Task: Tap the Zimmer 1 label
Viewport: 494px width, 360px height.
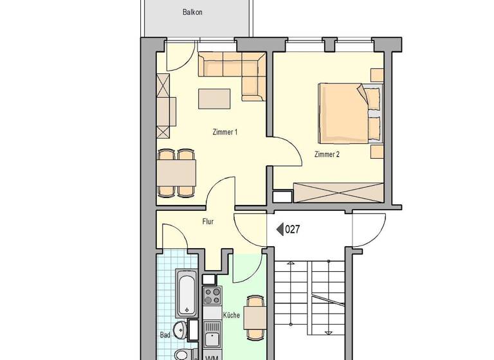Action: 225,132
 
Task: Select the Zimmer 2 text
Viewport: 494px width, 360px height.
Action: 327,154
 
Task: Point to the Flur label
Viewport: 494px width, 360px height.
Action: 208,222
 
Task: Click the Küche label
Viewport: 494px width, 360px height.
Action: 232,315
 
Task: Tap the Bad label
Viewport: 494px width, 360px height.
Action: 165,335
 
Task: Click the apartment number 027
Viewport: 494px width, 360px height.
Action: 293,229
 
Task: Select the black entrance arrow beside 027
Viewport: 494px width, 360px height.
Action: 280,229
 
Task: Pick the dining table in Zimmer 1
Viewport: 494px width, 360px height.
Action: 176,172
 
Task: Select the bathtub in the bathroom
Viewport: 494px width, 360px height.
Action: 187,294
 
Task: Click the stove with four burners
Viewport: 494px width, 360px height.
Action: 212,296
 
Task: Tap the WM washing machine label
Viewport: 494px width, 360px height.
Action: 211,356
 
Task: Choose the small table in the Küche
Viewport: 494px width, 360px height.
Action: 255,317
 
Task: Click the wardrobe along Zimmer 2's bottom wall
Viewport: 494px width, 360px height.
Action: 338,193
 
